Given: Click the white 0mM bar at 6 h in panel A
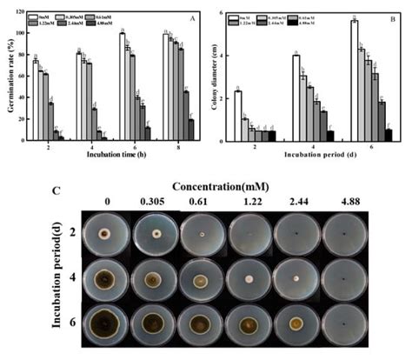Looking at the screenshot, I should (x=123, y=87).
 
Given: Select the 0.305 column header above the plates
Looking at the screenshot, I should (x=156, y=203).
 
